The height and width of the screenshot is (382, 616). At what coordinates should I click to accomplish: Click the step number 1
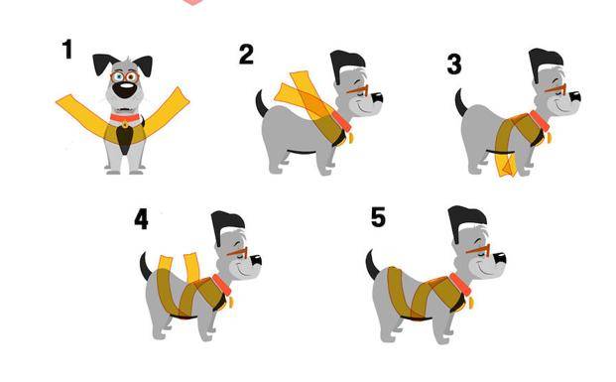point(67,50)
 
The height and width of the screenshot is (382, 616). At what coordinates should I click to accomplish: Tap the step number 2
point(246,55)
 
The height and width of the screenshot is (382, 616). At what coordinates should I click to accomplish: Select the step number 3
point(454,64)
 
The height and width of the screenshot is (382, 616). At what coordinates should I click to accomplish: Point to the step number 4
point(142,219)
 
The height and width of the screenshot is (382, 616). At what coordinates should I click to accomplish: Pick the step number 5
point(378,217)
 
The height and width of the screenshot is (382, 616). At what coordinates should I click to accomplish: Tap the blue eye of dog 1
point(118,76)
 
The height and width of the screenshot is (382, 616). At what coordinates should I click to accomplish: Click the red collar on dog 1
point(125,117)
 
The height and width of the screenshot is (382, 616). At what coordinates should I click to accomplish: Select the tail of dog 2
point(261,104)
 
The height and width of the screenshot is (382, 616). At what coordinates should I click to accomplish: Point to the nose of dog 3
point(574,96)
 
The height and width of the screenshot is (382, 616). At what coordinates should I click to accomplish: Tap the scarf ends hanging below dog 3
point(507,165)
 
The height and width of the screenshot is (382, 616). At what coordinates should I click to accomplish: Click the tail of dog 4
point(146,266)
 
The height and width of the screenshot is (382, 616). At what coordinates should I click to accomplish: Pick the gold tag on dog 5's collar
point(471,303)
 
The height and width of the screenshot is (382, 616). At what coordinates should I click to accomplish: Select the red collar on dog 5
point(460,285)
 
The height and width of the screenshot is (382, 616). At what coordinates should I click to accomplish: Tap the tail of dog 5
point(372,264)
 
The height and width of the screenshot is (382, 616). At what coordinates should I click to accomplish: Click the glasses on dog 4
point(237,252)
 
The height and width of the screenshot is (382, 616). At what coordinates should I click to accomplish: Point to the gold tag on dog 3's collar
point(549,138)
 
